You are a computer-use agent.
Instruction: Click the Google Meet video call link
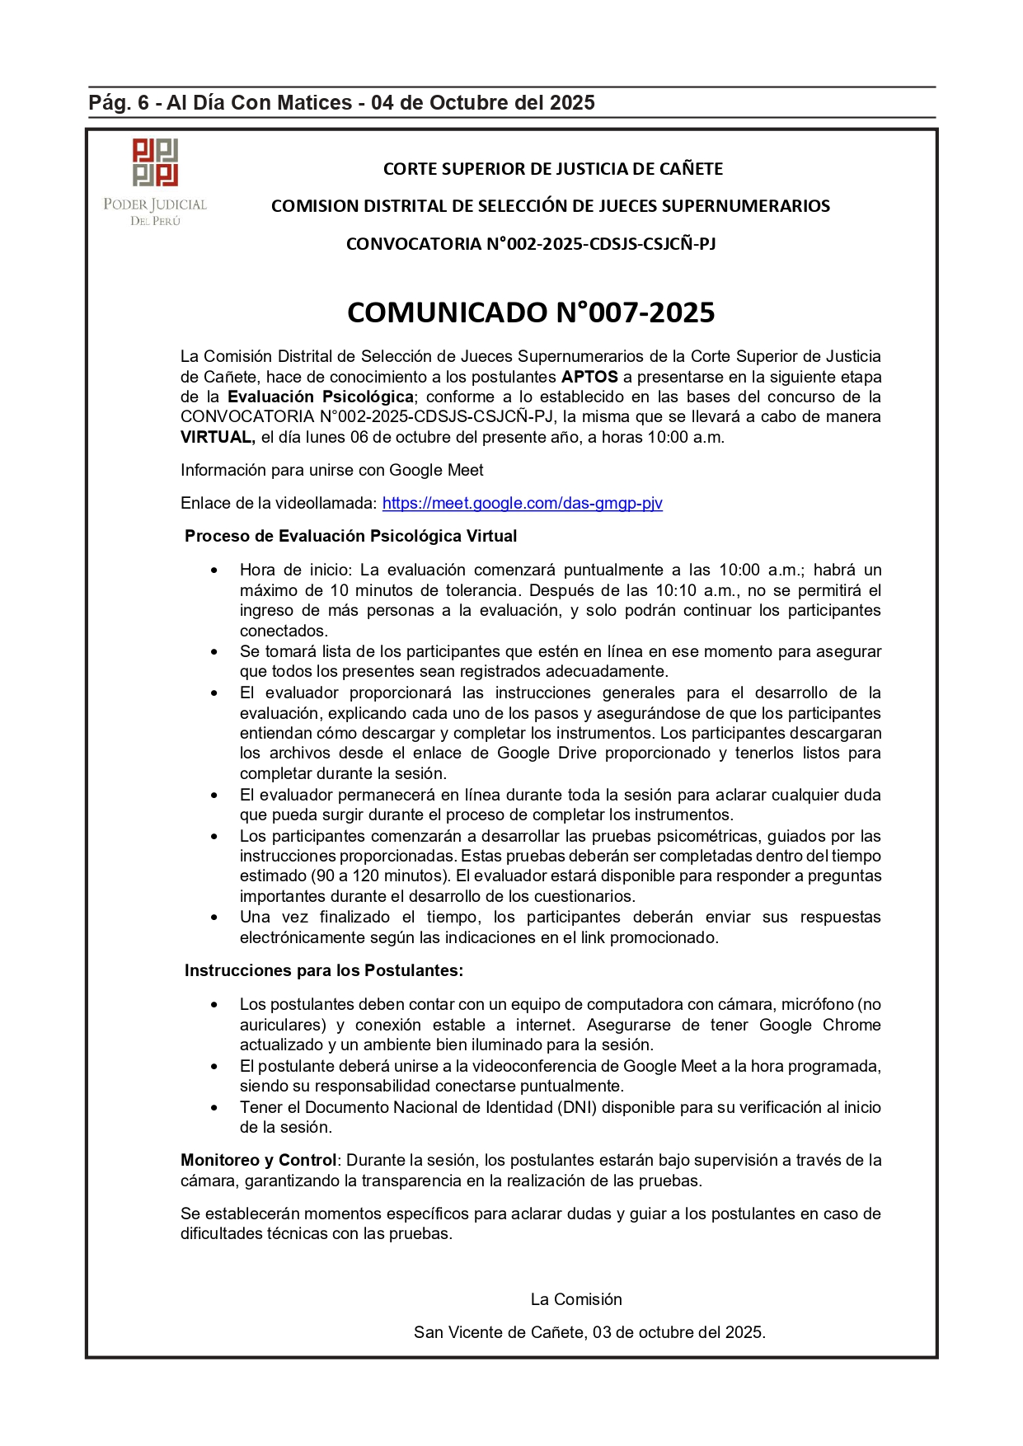click(522, 503)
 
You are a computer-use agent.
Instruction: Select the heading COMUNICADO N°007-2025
click(531, 312)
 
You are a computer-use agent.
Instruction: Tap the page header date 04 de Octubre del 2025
click(482, 103)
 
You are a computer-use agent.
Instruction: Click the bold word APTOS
click(589, 377)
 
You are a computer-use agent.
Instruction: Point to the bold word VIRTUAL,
click(218, 437)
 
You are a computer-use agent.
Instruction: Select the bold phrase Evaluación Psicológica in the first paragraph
click(321, 397)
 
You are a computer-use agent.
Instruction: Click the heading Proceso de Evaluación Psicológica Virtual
click(350, 536)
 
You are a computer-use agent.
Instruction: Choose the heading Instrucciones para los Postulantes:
click(323, 970)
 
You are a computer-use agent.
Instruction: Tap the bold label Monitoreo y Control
click(258, 1160)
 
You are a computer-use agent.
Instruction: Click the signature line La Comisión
click(576, 1299)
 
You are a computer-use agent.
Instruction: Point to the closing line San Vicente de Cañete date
click(589, 1332)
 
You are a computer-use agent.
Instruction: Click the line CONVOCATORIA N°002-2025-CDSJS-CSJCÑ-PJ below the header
click(531, 244)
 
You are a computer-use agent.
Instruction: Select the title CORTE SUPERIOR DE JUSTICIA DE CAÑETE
click(552, 169)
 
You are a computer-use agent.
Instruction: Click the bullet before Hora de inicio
click(214, 570)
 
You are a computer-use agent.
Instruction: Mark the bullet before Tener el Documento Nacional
click(214, 1108)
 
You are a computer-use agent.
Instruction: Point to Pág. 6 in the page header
click(119, 103)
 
